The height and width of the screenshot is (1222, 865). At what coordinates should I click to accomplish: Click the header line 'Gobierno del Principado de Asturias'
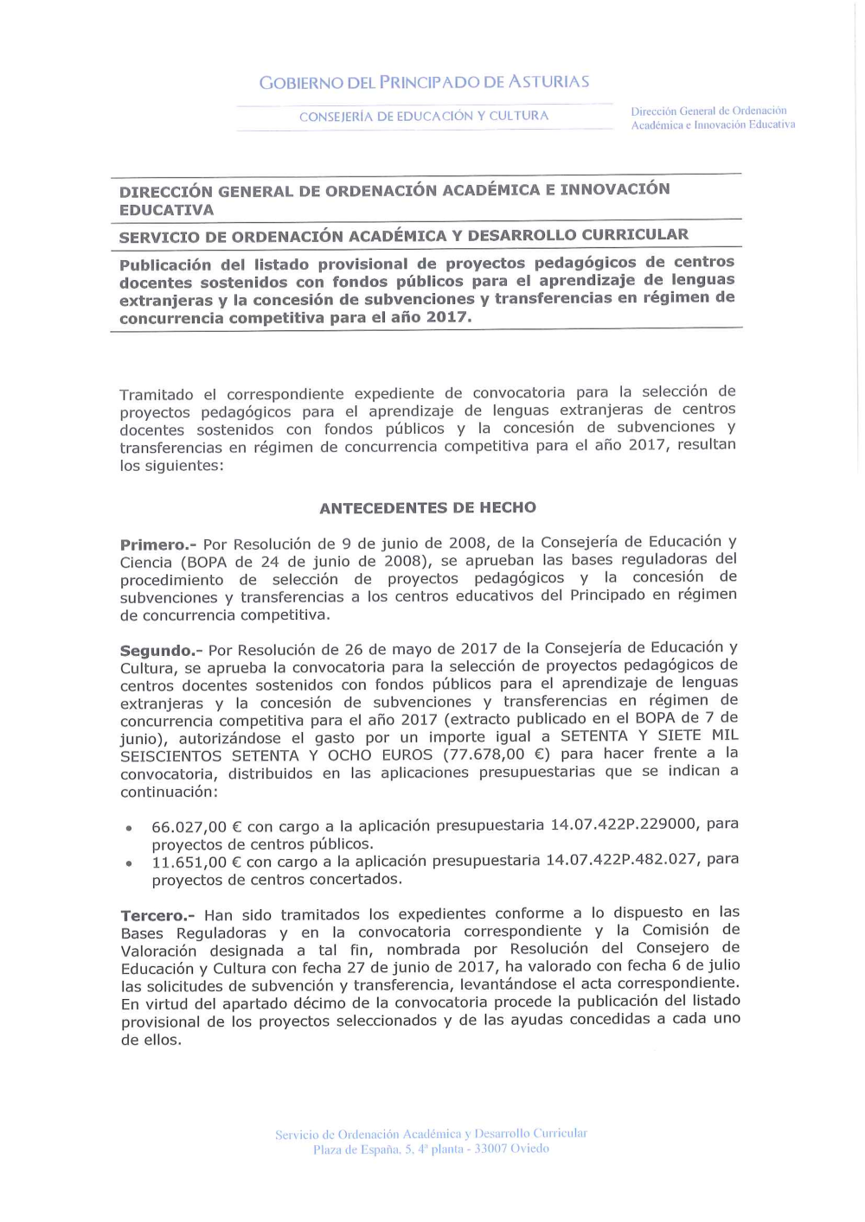tap(424, 82)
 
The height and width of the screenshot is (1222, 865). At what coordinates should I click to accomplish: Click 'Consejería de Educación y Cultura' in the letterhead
tap(424, 116)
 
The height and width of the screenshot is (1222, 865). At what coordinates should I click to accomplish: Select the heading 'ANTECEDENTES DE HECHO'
tap(427, 508)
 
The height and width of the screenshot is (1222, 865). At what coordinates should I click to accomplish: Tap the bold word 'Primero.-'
tap(158, 544)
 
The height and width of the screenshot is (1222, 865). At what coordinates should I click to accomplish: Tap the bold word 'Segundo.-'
tap(160, 650)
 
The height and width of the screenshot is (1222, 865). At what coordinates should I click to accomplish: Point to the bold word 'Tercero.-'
tap(158, 915)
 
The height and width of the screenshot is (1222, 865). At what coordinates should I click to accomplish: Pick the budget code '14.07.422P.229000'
tap(623, 824)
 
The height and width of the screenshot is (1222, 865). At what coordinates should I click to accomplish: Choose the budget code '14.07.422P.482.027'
tap(624, 860)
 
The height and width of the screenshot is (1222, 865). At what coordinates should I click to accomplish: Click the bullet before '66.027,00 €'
tap(129, 828)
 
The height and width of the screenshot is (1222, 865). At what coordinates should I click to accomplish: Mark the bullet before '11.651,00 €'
tap(129, 863)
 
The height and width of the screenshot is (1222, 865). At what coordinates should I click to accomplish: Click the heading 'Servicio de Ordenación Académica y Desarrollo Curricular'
tap(403, 236)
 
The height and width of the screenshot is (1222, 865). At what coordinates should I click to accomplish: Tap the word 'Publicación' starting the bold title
tap(164, 264)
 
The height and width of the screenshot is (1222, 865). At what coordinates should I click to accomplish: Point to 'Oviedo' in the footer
tap(529, 1149)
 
